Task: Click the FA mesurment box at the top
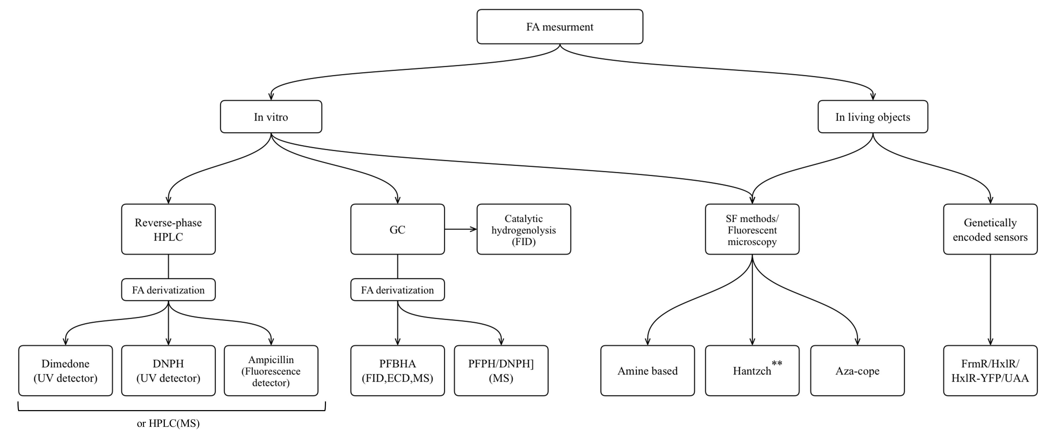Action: click(x=560, y=27)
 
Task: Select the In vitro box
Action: click(x=271, y=117)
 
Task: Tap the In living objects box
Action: click(x=873, y=117)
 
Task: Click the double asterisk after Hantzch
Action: click(x=777, y=363)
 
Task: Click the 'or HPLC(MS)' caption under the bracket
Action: click(x=168, y=423)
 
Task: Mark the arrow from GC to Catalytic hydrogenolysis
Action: click(x=460, y=229)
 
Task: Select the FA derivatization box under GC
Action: click(x=397, y=290)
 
